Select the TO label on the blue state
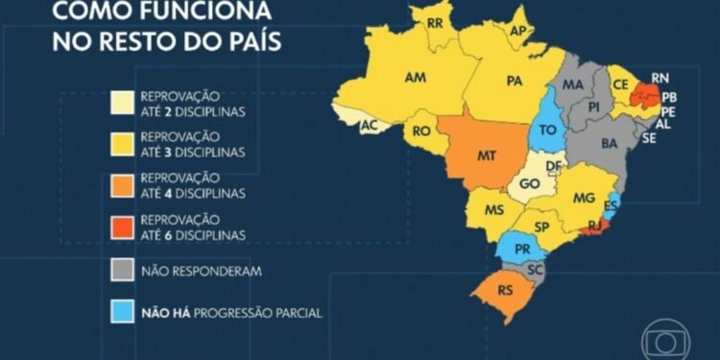(x=550, y=129)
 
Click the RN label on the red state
(x=660, y=77)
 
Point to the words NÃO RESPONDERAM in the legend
(x=200, y=271)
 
